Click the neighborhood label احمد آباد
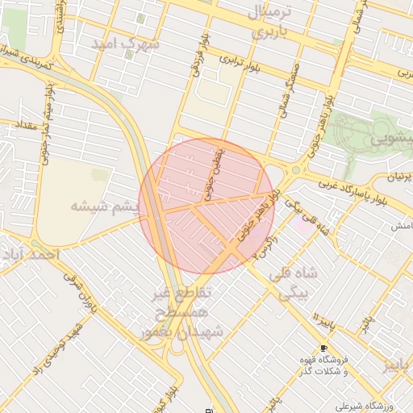click(31, 255)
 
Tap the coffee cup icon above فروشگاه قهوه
click(323, 348)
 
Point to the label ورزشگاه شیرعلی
click(353, 406)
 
